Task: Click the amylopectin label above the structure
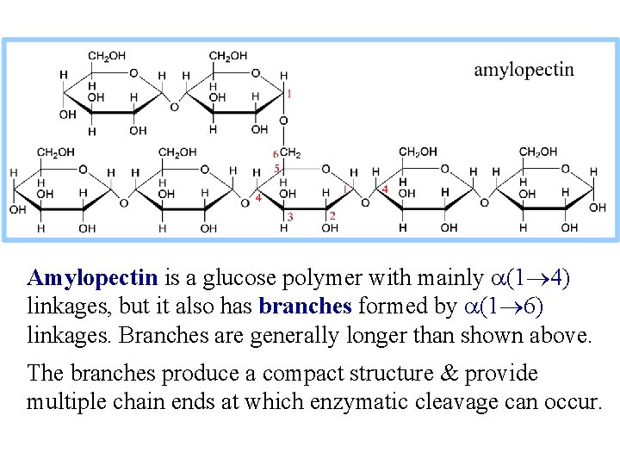524,71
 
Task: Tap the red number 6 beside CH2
276,154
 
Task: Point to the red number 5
277,168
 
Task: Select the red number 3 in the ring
290,217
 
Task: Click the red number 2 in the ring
332,215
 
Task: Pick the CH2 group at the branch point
290,153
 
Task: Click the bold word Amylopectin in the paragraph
92,278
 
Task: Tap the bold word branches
305,307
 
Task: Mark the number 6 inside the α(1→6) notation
532,307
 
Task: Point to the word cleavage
448,402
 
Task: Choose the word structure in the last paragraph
394,374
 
